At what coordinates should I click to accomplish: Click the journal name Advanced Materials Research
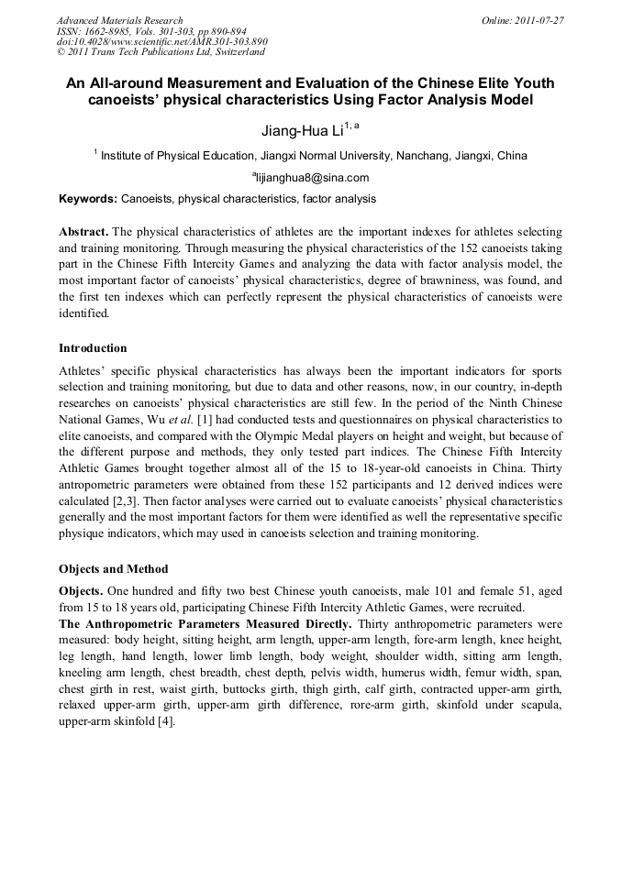[x=119, y=20]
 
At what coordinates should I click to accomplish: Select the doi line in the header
[x=161, y=42]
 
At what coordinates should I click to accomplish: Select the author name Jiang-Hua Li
[x=301, y=131]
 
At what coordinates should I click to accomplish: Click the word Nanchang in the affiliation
[x=420, y=156]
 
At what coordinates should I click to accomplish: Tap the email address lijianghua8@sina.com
[x=311, y=178]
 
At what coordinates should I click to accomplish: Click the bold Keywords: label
[x=88, y=199]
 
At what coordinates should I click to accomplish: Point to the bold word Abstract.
[x=83, y=232]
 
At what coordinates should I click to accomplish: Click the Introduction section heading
[x=93, y=348]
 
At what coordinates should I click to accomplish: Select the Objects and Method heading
[x=113, y=568]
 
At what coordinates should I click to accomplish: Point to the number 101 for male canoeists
[x=428, y=591]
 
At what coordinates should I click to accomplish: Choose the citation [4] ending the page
[x=165, y=721]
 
